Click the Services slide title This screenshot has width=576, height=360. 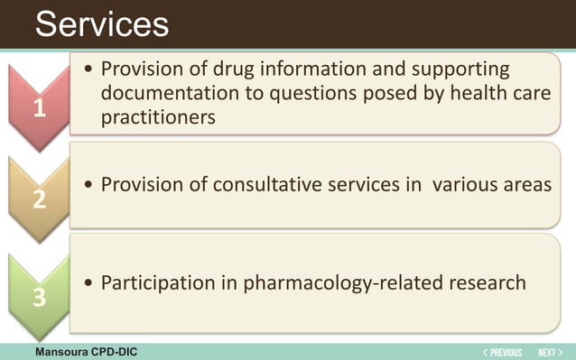(x=101, y=23)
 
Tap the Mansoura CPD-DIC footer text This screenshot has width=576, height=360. (x=86, y=351)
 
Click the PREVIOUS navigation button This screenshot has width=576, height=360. (x=502, y=352)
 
